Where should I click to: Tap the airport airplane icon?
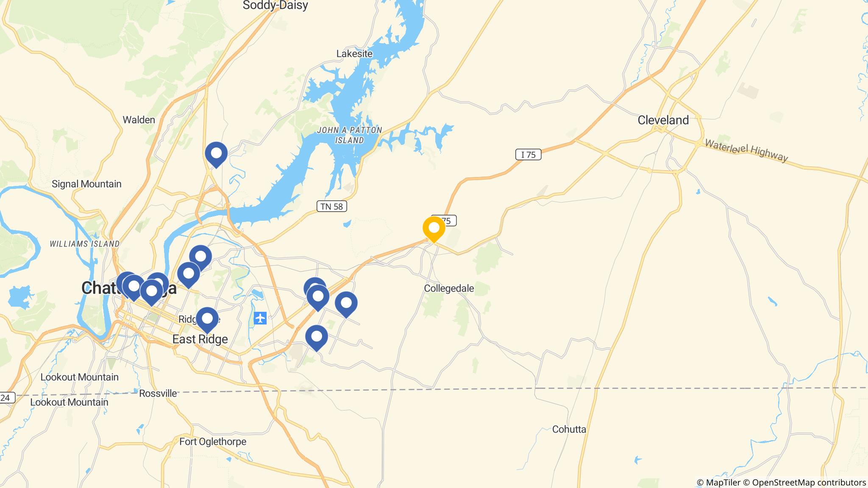pos(260,318)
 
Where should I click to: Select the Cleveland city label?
pos(663,120)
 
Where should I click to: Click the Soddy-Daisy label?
pos(275,6)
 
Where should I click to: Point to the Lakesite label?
pos(354,53)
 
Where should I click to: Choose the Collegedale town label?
pos(449,288)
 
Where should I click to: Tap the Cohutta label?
pos(569,429)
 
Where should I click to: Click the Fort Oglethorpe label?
pos(213,441)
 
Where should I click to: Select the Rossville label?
pos(158,393)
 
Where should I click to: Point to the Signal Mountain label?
pos(86,184)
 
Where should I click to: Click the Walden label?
pos(139,120)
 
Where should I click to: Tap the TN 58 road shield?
pos(332,206)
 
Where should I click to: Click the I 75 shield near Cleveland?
pos(528,155)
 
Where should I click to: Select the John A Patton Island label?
pos(350,135)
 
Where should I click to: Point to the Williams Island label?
pos(84,244)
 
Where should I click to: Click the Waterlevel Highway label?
pos(746,151)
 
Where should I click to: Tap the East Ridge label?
pos(200,339)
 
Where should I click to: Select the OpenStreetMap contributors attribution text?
pos(809,482)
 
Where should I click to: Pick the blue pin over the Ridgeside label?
pos(207,319)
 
